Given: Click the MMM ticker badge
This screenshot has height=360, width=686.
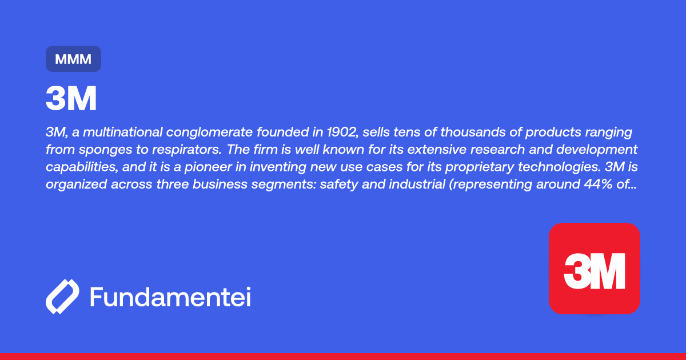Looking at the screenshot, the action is pyautogui.click(x=74, y=59).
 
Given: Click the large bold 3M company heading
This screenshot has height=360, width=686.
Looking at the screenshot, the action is pyautogui.click(x=71, y=98).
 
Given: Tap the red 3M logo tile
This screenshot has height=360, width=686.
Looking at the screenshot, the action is pyautogui.click(x=595, y=269).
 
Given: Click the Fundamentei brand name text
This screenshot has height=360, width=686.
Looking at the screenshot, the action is pyautogui.click(x=170, y=297).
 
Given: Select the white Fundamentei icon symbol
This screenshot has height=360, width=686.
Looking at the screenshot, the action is pyautogui.click(x=62, y=297).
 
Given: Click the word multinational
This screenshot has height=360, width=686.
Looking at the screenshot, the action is pyautogui.click(x=122, y=132).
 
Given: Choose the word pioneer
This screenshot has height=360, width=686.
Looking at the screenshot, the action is pyautogui.click(x=208, y=167).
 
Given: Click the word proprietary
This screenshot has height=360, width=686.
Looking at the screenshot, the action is pyautogui.click(x=479, y=167).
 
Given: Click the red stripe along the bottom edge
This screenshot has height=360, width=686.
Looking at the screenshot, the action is pyautogui.click(x=343, y=357).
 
